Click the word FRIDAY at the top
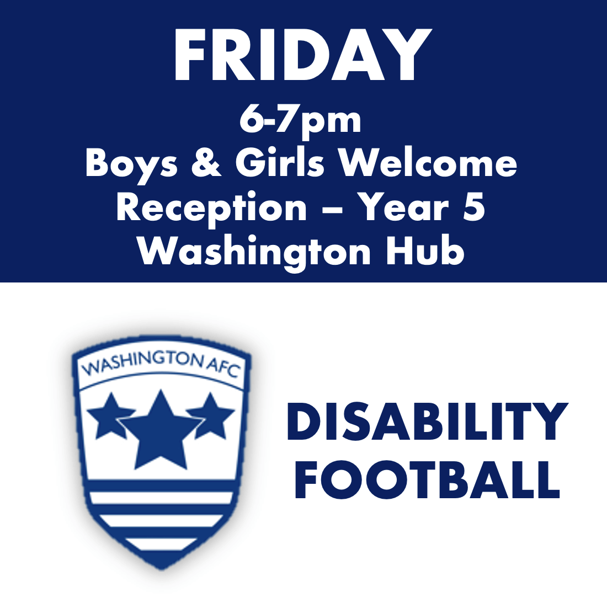click(302, 55)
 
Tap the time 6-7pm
click(301, 120)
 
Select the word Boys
click(131, 164)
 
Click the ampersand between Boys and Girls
click(207, 163)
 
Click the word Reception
click(211, 209)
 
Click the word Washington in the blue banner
click(254, 253)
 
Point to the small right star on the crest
click(211, 415)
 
